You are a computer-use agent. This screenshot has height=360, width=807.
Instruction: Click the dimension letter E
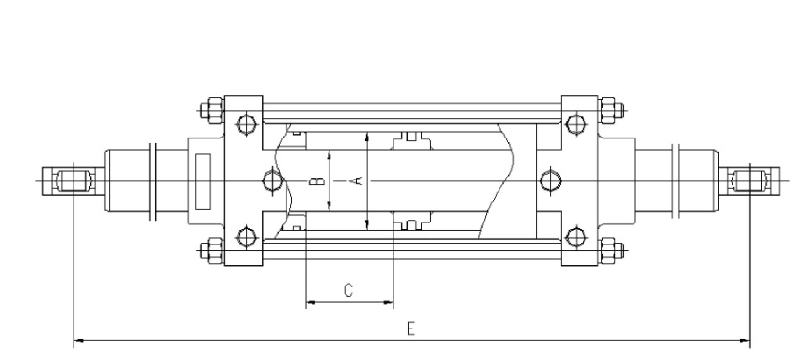pyautogui.click(x=411, y=328)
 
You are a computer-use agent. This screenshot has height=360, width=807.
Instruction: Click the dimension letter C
pyautogui.click(x=349, y=290)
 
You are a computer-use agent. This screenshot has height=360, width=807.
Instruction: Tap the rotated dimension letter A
pyautogui.click(x=356, y=180)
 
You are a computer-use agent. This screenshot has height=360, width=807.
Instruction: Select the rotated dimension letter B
pyautogui.click(x=319, y=181)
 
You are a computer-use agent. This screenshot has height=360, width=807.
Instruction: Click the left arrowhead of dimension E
pyautogui.click(x=78, y=340)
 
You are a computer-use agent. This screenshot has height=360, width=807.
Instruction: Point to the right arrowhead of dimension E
pyautogui.click(x=744, y=340)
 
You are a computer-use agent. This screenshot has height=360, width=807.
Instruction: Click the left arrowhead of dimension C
pyautogui.click(x=310, y=302)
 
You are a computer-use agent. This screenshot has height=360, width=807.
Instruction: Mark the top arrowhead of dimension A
pyautogui.click(x=367, y=138)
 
